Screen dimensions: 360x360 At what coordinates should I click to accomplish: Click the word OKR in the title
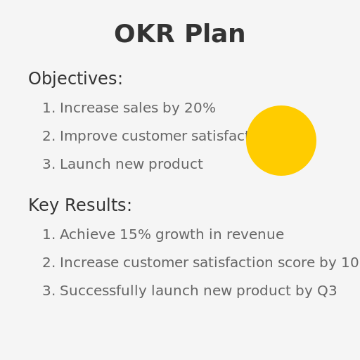[143, 34]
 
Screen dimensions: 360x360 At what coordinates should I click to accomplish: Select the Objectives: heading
[75, 79]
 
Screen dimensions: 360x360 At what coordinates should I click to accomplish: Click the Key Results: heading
[80, 206]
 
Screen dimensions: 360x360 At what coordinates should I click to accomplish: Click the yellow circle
[281, 141]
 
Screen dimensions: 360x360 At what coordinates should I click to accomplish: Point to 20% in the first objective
[200, 108]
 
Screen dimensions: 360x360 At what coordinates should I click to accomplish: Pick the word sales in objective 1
[140, 108]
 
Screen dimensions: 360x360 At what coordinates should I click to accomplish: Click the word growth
[178, 235]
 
